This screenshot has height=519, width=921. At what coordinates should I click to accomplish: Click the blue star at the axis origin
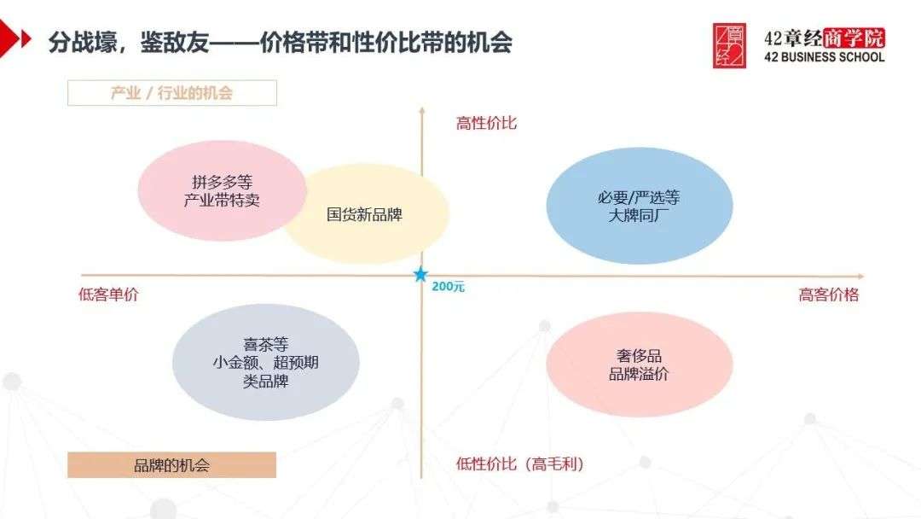coord(420,275)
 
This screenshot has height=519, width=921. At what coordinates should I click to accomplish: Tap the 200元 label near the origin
coord(448,287)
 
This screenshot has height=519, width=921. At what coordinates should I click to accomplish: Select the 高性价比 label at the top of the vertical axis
coord(486,123)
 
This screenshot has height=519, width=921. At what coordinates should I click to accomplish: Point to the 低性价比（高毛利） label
coord(520,464)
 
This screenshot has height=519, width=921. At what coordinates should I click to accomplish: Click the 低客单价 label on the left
coord(108,294)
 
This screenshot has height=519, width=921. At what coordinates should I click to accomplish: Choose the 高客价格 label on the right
coord(828,294)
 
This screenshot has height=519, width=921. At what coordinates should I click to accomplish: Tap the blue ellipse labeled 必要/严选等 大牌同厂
coord(639,206)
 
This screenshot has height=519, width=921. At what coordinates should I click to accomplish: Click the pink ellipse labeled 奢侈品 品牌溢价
coord(639,364)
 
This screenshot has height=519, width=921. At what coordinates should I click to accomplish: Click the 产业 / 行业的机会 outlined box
coord(172,93)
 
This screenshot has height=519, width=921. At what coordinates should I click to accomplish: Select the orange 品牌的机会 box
coord(172,465)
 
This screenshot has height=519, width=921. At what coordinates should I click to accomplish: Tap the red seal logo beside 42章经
coord(729,46)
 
